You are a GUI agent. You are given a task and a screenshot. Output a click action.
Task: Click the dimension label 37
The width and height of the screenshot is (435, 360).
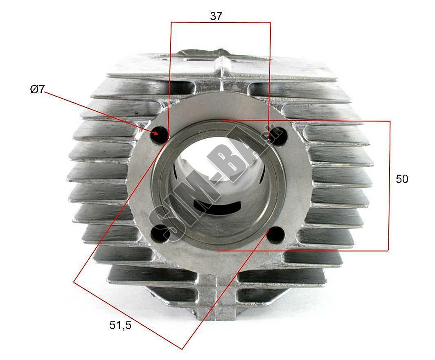pos(216,16)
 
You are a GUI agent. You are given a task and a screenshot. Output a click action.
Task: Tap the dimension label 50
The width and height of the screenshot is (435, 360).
pos(402,179)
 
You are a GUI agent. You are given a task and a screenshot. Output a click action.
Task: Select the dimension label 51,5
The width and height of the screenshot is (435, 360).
pos(120,325)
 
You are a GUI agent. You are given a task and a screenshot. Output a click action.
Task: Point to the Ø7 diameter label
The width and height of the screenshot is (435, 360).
pos(37,90)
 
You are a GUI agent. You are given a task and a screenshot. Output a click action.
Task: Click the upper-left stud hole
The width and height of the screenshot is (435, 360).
pos(159,134)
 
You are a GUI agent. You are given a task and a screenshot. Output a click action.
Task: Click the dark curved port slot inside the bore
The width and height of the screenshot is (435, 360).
pos(217,205)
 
